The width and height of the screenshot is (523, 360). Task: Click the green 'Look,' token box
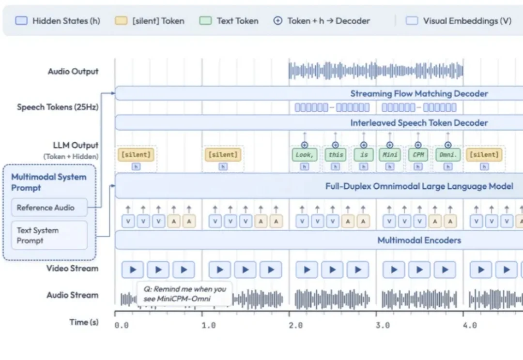point(304,155)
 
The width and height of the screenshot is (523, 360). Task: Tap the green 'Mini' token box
point(390,155)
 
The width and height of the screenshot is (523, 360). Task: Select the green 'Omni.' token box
point(448,155)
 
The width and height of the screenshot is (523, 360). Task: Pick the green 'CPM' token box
point(418,155)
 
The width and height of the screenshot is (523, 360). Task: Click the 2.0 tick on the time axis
point(295,325)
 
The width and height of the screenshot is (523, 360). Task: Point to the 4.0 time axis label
point(470,325)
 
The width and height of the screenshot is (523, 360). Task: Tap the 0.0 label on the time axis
point(121,325)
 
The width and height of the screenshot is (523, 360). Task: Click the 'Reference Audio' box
point(49,208)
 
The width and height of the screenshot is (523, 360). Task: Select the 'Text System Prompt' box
point(49,235)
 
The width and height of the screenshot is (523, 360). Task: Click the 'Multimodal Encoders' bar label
point(419,240)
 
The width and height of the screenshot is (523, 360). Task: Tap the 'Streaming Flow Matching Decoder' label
point(419,93)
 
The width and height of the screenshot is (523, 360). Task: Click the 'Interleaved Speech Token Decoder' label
point(419,123)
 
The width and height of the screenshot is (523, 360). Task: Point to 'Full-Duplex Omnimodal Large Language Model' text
point(419,186)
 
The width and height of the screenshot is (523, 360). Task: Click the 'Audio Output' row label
point(73,72)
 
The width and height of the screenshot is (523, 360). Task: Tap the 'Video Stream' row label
point(72,269)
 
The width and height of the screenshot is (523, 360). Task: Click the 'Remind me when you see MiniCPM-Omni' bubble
point(185,294)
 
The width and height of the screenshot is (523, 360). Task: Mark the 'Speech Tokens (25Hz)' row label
point(58,107)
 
